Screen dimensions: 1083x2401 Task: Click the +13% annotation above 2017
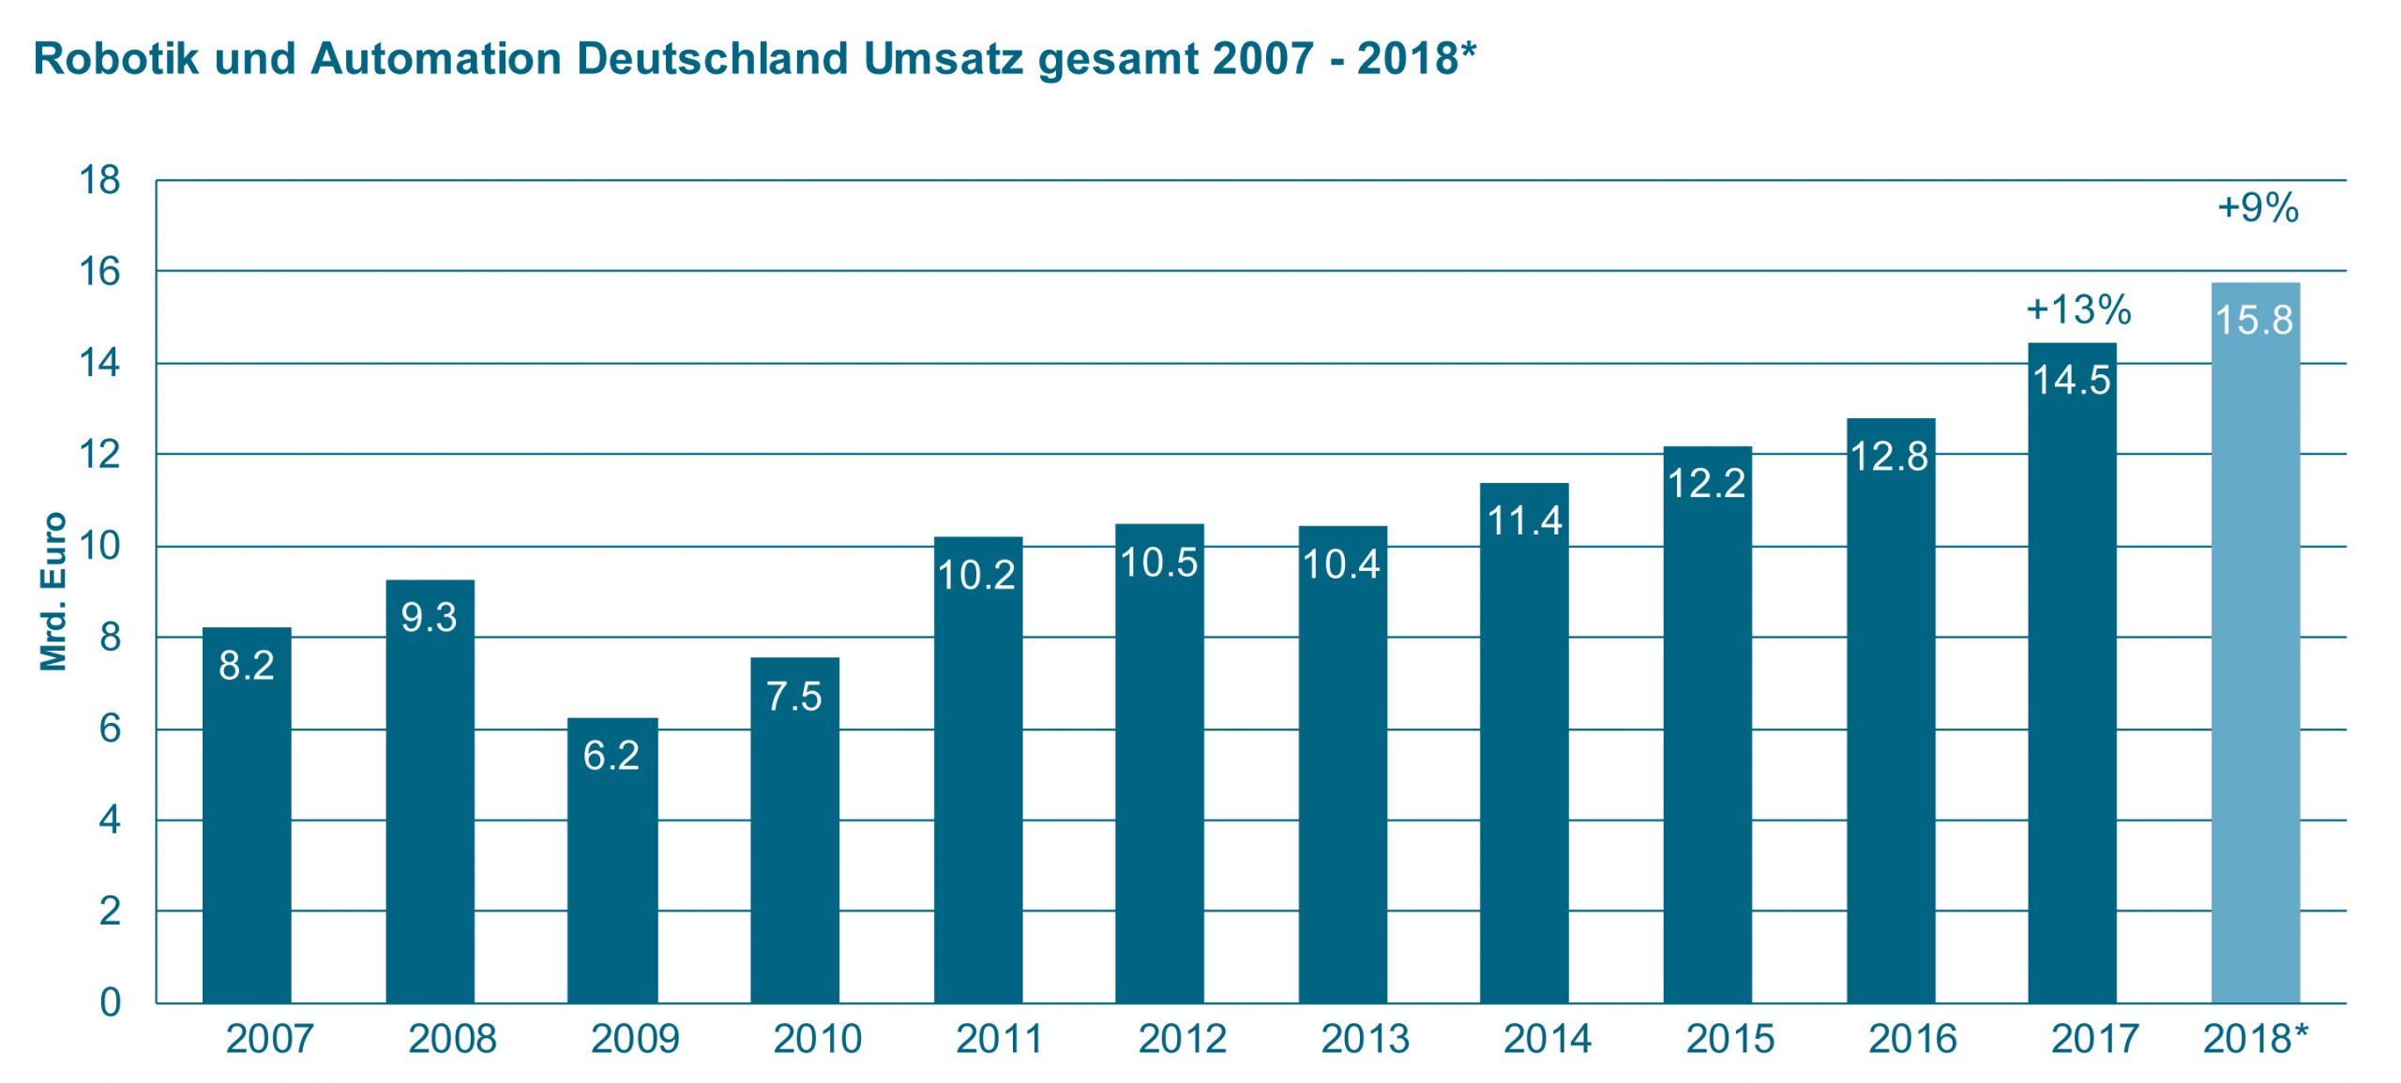[x=2078, y=309]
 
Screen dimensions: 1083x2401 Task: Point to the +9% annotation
[x=2258, y=207]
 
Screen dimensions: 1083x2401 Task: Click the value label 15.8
[x=2254, y=321]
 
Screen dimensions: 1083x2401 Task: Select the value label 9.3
[x=429, y=617]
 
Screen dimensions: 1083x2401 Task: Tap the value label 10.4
[x=1341, y=564]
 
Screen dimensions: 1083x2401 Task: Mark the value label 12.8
[x=1889, y=457]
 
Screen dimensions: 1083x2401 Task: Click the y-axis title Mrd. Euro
[x=53, y=592]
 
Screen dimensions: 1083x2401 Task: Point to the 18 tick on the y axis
[x=99, y=180]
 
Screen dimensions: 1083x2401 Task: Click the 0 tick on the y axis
[x=110, y=1002]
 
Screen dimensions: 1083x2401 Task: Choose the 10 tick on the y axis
[x=99, y=546]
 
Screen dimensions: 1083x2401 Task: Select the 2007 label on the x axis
[x=269, y=1039]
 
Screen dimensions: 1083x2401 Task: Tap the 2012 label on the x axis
[x=1182, y=1039]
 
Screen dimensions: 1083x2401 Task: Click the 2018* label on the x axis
[x=2255, y=1039]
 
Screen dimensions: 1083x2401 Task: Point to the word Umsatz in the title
[x=943, y=58]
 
